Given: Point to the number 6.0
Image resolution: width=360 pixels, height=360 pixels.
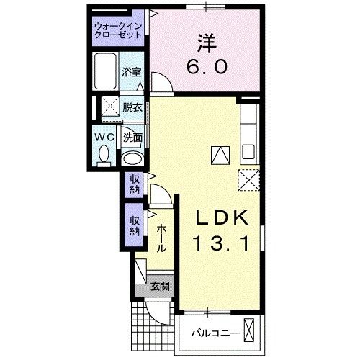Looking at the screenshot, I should [210, 67].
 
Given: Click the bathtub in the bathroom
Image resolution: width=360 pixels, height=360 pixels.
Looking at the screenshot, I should [105, 72].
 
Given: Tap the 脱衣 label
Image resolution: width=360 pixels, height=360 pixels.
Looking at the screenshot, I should [131, 107].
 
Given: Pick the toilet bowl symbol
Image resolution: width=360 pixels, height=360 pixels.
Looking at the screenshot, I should [103, 153].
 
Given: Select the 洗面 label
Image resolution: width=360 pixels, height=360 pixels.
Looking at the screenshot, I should [131, 137].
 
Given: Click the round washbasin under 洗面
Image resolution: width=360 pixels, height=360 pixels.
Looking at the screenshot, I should [131, 157].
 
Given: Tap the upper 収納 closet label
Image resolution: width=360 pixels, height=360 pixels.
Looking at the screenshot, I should [135, 184].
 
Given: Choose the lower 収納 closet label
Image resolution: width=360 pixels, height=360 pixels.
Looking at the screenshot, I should [135, 225].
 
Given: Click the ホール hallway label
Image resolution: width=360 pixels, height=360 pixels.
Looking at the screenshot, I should [161, 237].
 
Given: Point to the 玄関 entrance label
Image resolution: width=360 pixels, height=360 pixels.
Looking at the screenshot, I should [159, 287].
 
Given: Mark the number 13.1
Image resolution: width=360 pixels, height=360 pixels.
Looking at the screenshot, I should [222, 245].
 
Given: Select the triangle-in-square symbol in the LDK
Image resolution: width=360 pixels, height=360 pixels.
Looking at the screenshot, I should [219, 153].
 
